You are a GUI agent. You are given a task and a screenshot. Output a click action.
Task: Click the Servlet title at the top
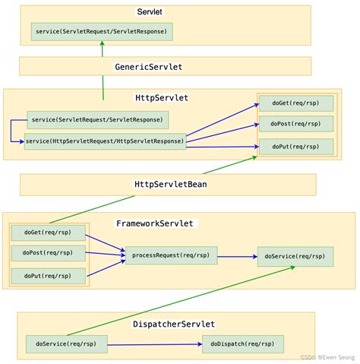tap(155, 13)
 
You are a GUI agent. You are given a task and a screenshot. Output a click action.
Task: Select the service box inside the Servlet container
tap(102, 32)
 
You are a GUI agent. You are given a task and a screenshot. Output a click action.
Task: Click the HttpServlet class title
tap(161, 97)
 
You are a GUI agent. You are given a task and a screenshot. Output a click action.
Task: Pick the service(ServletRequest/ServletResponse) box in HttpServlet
tap(98, 120)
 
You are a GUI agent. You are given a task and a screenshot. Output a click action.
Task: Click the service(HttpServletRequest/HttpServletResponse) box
tap(105, 141)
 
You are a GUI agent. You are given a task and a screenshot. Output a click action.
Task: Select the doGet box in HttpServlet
tap(296, 103)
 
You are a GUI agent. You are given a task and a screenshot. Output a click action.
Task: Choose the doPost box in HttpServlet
tap(296, 124)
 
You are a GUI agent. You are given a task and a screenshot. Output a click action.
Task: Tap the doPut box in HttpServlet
tap(296, 146)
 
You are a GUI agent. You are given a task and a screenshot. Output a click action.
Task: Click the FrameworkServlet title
tap(156, 223)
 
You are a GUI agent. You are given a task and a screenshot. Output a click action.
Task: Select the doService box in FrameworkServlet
tap(295, 256)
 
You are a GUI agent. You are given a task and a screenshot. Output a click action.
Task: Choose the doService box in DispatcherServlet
tap(66, 344)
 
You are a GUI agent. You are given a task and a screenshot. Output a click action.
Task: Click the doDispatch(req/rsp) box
tap(242, 344)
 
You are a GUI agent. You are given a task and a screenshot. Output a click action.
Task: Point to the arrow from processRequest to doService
tap(237, 257)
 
